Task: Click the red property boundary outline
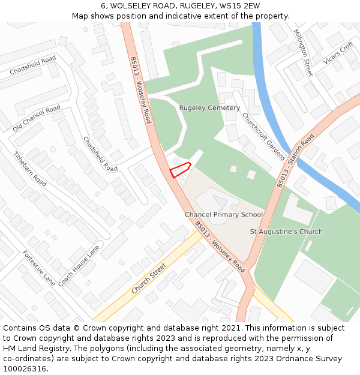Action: [180, 170]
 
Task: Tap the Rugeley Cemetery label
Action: [209, 108]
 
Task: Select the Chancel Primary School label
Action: [224, 215]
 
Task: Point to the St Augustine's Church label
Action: [286, 232]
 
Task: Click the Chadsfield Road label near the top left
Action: [33, 65]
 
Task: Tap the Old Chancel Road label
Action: [37, 118]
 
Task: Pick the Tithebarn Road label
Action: [30, 169]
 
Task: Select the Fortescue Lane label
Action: [39, 268]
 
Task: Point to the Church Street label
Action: [149, 280]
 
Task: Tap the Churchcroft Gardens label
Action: [263, 136]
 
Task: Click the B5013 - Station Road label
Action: [295, 161]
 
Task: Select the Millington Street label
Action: [303, 53]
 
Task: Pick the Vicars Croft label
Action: [338, 53]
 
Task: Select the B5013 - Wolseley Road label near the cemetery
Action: [140, 90]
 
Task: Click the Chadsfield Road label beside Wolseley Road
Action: [100, 154]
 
